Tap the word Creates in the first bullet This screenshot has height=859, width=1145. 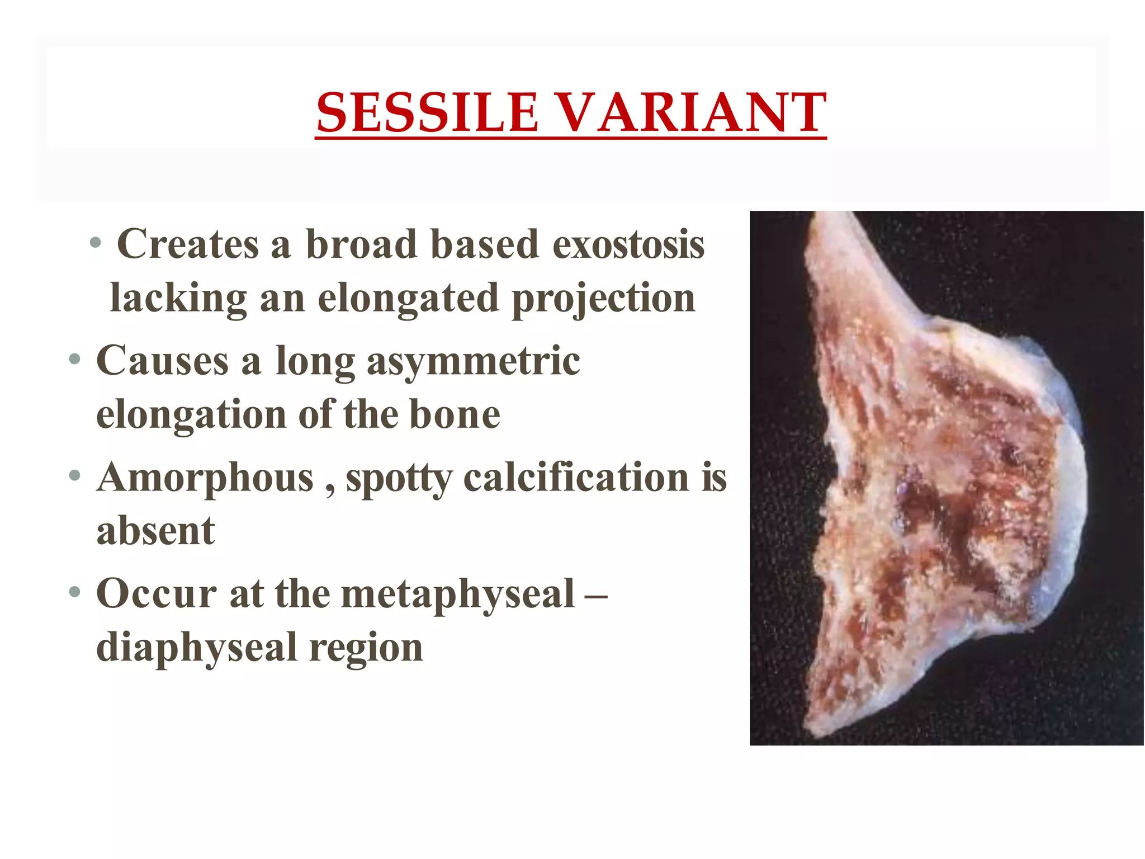(188, 244)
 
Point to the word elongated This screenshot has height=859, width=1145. (408, 298)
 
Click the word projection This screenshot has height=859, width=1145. (604, 298)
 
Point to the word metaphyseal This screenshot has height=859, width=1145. (458, 593)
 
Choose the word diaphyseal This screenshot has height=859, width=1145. (196, 647)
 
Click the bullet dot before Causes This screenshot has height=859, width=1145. (75, 360)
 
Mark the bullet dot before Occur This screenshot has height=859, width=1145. (75, 592)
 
